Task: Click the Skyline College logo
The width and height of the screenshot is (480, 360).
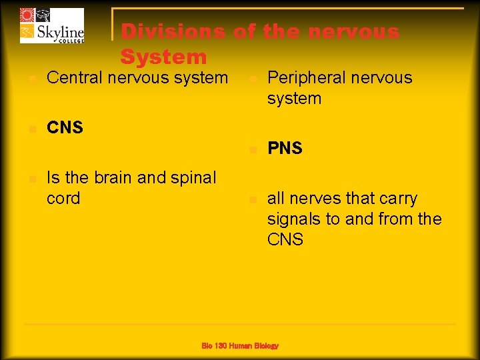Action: pyautogui.click(x=52, y=26)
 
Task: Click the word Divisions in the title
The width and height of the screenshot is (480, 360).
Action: pyautogui.click(x=174, y=32)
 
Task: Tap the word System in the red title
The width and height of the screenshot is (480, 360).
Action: pyautogui.click(x=163, y=57)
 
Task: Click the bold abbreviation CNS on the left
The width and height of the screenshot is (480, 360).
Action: pyautogui.click(x=65, y=127)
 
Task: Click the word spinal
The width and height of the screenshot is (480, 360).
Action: pyautogui.click(x=193, y=178)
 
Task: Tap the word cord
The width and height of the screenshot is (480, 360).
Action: pyautogui.click(x=63, y=199)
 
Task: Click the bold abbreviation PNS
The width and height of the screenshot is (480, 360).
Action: pyautogui.click(x=285, y=149)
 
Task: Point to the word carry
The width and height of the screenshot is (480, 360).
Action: pyautogui.click(x=397, y=199)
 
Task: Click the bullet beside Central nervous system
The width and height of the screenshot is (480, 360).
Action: pyautogui.click(x=30, y=79)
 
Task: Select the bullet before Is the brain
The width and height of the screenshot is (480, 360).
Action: pyautogui.click(x=30, y=179)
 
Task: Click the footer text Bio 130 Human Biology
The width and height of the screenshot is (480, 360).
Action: pyautogui.click(x=240, y=345)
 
